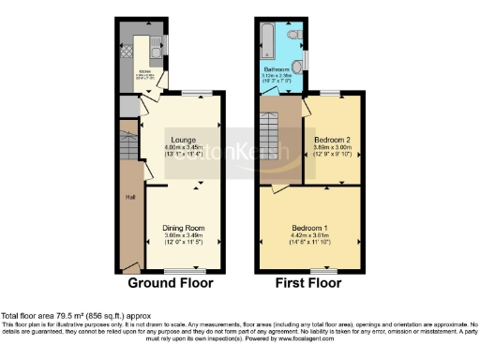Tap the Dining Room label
point(183,228)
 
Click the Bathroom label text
point(277,69)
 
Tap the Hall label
point(131,198)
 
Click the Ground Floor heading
point(170,282)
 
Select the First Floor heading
point(310,282)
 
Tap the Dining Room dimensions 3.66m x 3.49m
point(183,235)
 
